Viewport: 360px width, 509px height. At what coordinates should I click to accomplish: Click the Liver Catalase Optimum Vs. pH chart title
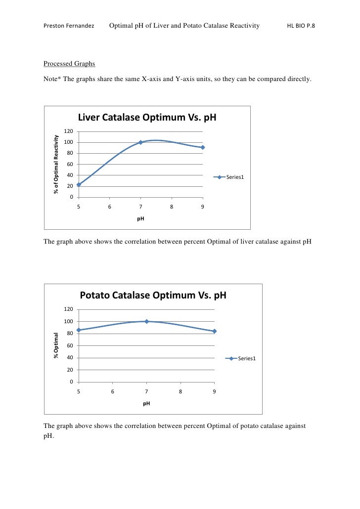coord(147,118)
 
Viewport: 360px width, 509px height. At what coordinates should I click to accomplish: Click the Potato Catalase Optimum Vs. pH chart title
coord(153,296)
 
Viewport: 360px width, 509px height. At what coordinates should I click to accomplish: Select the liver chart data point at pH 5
coord(79,184)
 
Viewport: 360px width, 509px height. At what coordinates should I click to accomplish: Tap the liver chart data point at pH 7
coord(140,142)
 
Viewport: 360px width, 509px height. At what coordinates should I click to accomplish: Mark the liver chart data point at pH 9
coord(203,147)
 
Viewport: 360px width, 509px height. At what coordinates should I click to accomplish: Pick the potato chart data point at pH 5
coord(79,330)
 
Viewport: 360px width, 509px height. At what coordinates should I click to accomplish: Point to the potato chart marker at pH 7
coord(146,321)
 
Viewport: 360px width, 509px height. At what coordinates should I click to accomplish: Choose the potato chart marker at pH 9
coord(215,331)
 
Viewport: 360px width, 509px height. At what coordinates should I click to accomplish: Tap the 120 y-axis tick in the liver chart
coord(69,131)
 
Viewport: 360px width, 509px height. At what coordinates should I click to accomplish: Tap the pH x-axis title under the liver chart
coord(140,219)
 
